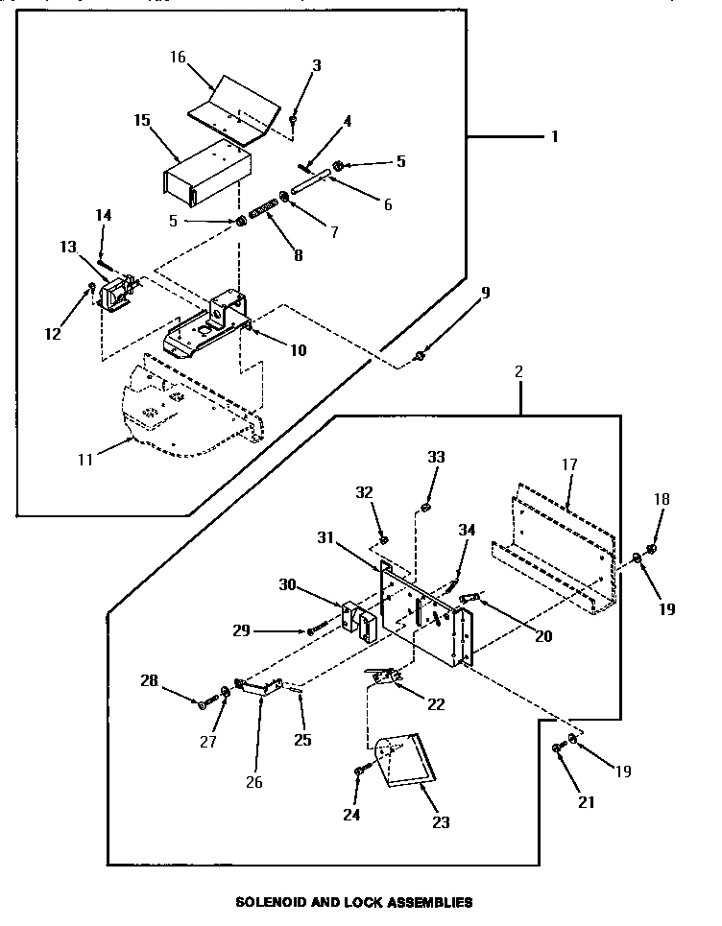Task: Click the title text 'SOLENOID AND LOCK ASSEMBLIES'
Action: point(354,902)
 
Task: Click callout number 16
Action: point(178,57)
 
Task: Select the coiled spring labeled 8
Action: point(263,209)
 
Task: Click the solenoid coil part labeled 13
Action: point(116,291)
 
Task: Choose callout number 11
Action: point(85,460)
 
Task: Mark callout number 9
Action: point(485,295)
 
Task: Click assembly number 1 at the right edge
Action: point(553,136)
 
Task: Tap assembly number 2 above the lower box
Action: point(519,370)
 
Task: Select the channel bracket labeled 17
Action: point(557,547)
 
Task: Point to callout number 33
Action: point(436,458)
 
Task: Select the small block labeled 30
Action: point(358,621)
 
